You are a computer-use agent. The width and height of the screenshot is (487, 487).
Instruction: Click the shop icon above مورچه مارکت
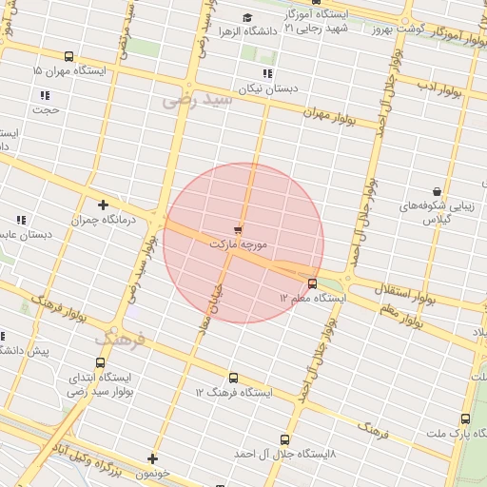pyautogui.click(x=238, y=229)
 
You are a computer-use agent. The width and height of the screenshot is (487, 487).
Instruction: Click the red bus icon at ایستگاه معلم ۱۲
pyautogui.click(x=313, y=282)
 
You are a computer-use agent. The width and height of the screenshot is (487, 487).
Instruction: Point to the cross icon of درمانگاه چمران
pyautogui.click(x=104, y=204)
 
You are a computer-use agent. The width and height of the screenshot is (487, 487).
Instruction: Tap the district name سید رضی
pyautogui.click(x=197, y=98)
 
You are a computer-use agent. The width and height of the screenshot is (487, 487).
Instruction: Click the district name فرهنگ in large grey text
pyautogui.click(x=120, y=338)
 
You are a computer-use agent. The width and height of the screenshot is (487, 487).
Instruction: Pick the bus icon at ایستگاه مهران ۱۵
pyautogui.click(x=68, y=57)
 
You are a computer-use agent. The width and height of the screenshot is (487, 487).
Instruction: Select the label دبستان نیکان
pyautogui.click(x=267, y=88)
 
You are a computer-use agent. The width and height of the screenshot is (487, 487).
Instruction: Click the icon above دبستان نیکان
pyautogui.click(x=267, y=73)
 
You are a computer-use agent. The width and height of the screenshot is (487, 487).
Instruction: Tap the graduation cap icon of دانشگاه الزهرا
pyautogui.click(x=248, y=17)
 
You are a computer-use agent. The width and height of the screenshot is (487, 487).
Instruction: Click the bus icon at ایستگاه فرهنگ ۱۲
pyautogui.click(x=234, y=378)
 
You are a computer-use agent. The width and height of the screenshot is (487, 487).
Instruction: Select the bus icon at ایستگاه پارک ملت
pyautogui.click(x=465, y=419)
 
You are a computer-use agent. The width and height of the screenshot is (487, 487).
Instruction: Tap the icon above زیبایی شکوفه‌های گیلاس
pyautogui.click(x=437, y=191)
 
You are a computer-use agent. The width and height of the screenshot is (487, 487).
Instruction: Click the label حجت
pyautogui.click(x=45, y=109)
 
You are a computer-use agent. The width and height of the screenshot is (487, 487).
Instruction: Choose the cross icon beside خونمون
pyautogui.click(x=152, y=459)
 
